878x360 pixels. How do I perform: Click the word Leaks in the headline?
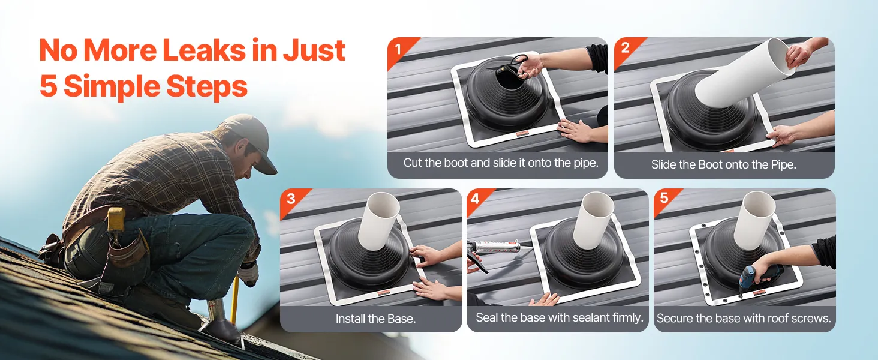(205, 50)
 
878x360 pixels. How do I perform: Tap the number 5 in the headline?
(49, 86)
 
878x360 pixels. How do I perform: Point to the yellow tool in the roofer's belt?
(116, 219)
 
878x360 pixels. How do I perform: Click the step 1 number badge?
(398, 49)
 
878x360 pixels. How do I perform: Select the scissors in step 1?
(512, 67)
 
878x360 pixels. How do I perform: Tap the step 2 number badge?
(625, 48)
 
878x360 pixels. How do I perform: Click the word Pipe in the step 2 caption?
(783, 165)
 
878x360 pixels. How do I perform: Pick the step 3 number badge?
(291, 199)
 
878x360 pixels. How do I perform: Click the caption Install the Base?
(375, 319)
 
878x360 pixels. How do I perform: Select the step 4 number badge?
(476, 199)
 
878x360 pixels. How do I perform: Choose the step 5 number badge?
(664, 198)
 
